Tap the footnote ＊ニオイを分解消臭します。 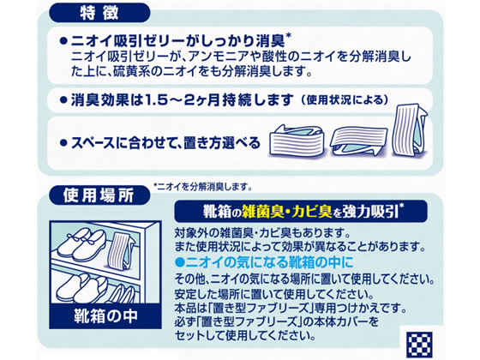tap(202, 184)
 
